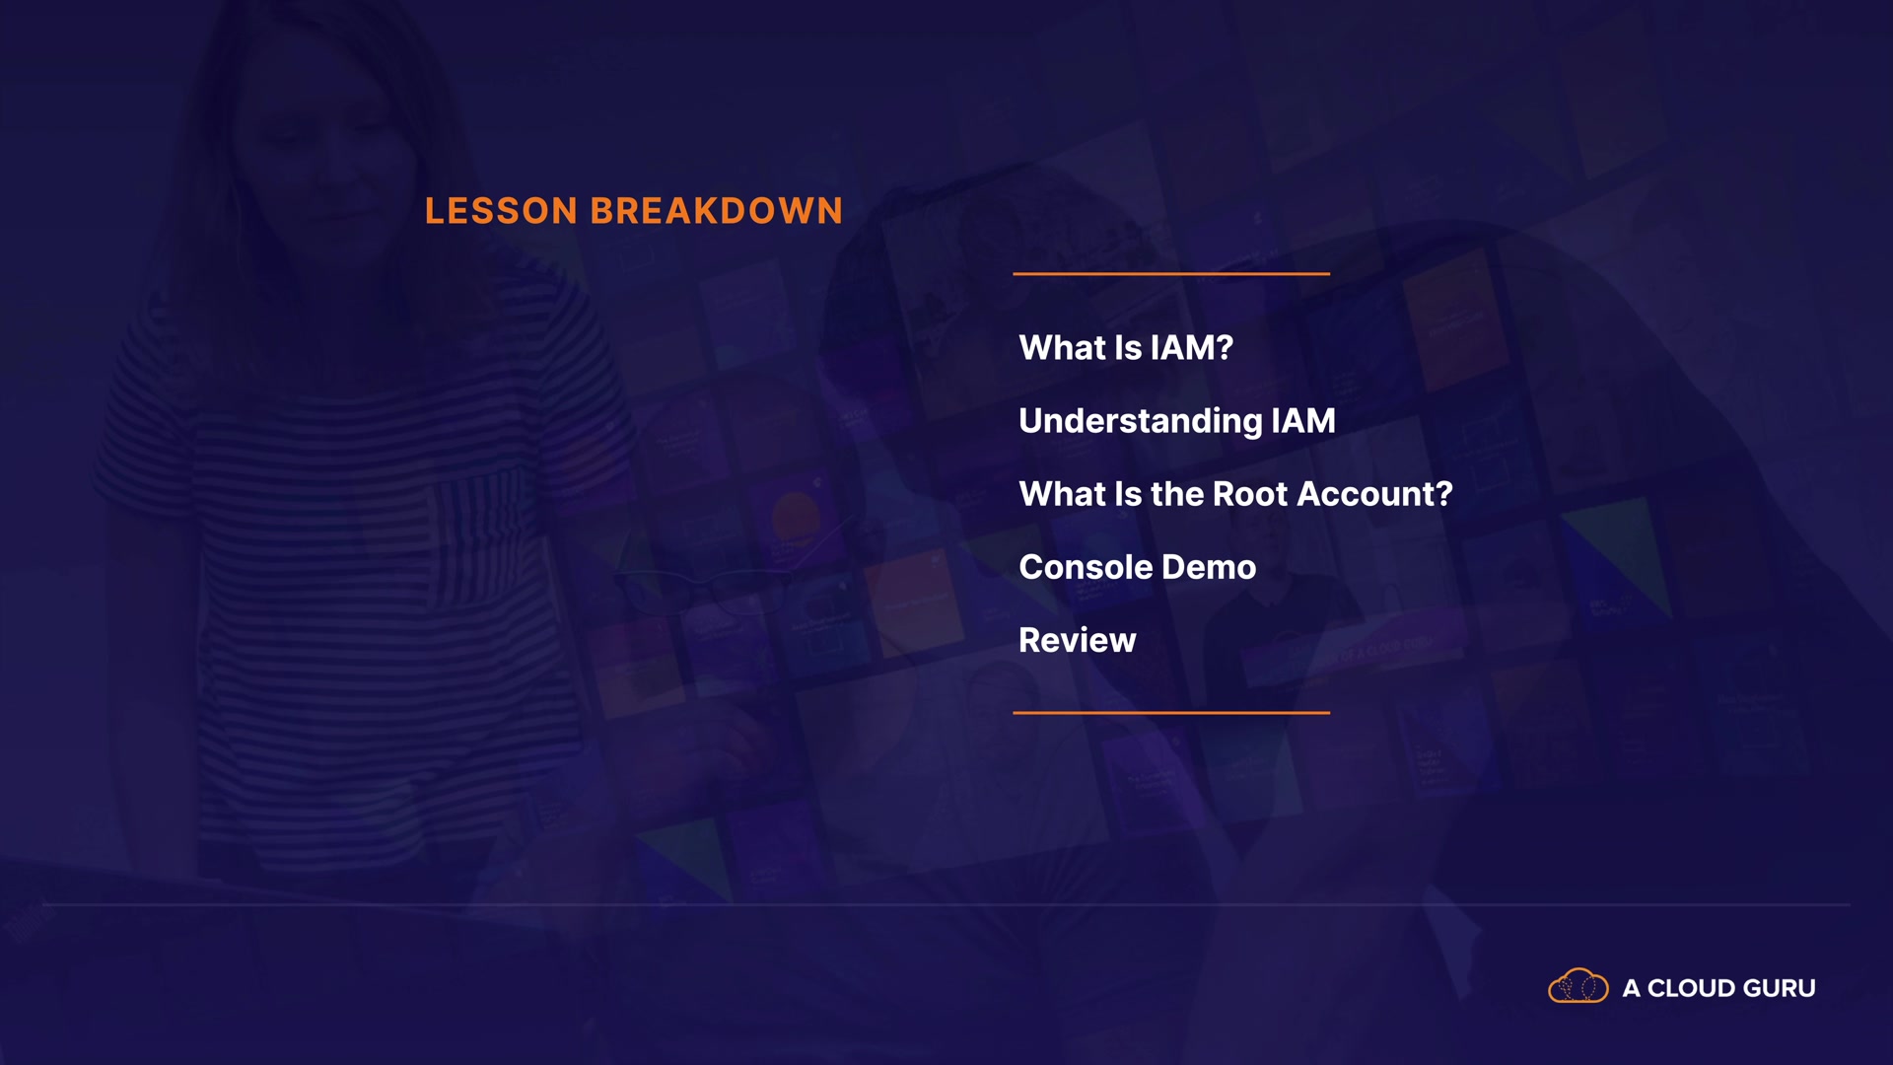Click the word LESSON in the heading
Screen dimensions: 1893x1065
point(501,211)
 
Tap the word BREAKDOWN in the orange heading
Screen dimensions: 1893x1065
point(717,211)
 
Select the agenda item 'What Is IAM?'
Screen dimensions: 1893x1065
point(1126,348)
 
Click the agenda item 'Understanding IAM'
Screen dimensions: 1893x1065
point(1177,422)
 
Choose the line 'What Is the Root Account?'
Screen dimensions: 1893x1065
point(1236,494)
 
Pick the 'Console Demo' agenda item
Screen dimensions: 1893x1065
point(1138,567)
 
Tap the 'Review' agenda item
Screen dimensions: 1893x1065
point(1078,640)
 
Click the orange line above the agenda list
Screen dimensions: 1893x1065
point(1171,273)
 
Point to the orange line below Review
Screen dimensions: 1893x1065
point(1171,712)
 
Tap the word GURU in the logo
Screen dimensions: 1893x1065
point(1780,988)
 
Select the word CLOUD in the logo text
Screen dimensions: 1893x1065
point(1692,988)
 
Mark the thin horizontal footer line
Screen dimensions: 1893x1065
point(946,904)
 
